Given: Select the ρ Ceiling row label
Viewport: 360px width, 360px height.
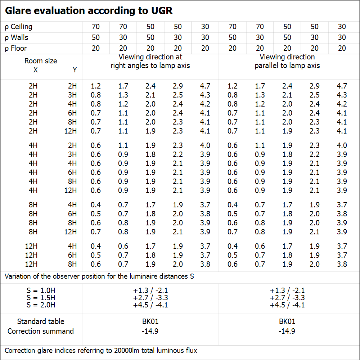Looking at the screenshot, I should [19, 27].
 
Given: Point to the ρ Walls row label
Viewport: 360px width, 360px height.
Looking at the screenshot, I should [17, 37].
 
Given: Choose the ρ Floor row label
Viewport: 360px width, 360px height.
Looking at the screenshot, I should [16, 48].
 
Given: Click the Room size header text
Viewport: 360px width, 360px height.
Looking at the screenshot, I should [41, 61].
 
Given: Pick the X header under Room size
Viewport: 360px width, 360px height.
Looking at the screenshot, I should [35, 70].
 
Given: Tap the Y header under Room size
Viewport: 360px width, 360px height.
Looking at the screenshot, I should [75, 70].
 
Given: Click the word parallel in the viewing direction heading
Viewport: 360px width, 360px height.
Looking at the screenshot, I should [267, 66].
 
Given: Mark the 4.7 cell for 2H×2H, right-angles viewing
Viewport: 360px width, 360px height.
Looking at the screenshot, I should [205, 86].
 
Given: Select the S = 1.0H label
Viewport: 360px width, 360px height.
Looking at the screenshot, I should [41, 291].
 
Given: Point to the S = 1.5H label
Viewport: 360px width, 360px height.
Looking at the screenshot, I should [41, 298].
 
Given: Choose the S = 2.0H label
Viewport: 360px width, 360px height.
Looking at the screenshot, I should [41, 305].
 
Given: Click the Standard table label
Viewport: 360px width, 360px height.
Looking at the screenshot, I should [41, 321].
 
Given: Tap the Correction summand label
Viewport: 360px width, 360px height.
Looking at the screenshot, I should [41, 331].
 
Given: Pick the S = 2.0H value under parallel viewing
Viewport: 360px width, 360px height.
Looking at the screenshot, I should [287, 305].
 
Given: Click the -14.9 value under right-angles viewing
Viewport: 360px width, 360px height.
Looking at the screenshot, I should [150, 331].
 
